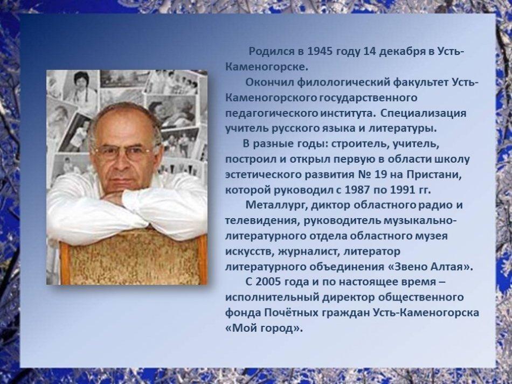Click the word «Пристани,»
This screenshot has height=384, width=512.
coord(434,175)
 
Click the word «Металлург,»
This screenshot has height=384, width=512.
coord(277,206)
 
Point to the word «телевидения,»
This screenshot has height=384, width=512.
coord(262,221)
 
